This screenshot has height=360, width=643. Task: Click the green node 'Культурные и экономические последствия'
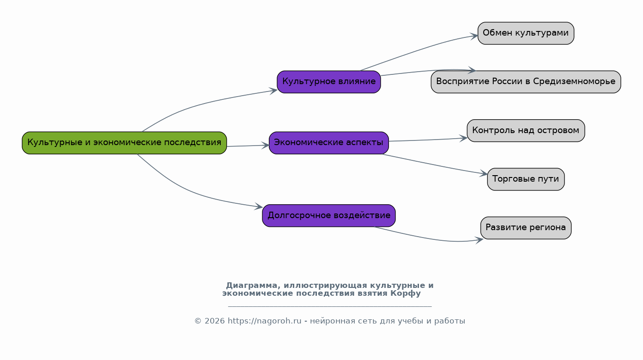point(124,143)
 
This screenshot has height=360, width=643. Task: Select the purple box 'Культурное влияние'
point(329,82)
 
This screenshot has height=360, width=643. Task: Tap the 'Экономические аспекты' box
point(329,143)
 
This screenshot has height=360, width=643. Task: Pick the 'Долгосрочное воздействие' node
point(329,215)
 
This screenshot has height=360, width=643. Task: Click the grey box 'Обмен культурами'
point(526,33)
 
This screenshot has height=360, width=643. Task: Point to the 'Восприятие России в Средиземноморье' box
point(526,82)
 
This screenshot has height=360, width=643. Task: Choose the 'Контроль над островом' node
point(526,130)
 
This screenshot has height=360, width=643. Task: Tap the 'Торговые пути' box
point(526,179)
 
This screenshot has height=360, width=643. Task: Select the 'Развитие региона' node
point(526,228)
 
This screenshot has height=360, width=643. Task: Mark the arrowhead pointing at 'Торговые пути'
point(484,174)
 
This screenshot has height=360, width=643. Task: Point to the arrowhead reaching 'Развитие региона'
point(479,239)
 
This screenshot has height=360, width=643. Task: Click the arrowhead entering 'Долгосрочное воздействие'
point(259,207)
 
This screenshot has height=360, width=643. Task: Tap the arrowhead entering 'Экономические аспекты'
point(266,146)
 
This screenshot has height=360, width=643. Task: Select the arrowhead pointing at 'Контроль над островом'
point(464,138)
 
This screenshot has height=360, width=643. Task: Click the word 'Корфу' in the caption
point(405,293)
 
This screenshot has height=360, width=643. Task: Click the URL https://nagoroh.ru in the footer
point(265,321)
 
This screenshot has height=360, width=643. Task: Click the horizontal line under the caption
point(330,306)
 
